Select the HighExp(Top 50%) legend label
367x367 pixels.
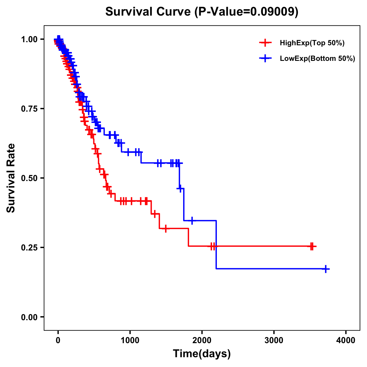coord(312,43)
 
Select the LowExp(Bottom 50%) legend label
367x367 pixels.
coord(317,59)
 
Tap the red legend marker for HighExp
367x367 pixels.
coord(265,43)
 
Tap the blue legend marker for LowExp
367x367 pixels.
coord(265,58)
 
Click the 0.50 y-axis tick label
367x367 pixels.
coord(29,178)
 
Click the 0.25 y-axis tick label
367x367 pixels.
coord(29,248)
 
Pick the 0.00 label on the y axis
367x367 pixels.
coord(29,317)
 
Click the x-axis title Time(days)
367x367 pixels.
coord(202,354)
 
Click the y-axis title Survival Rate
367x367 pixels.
coord(11,178)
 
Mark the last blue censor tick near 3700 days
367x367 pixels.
coord(326,269)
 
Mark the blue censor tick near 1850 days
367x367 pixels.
coord(192,220)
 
